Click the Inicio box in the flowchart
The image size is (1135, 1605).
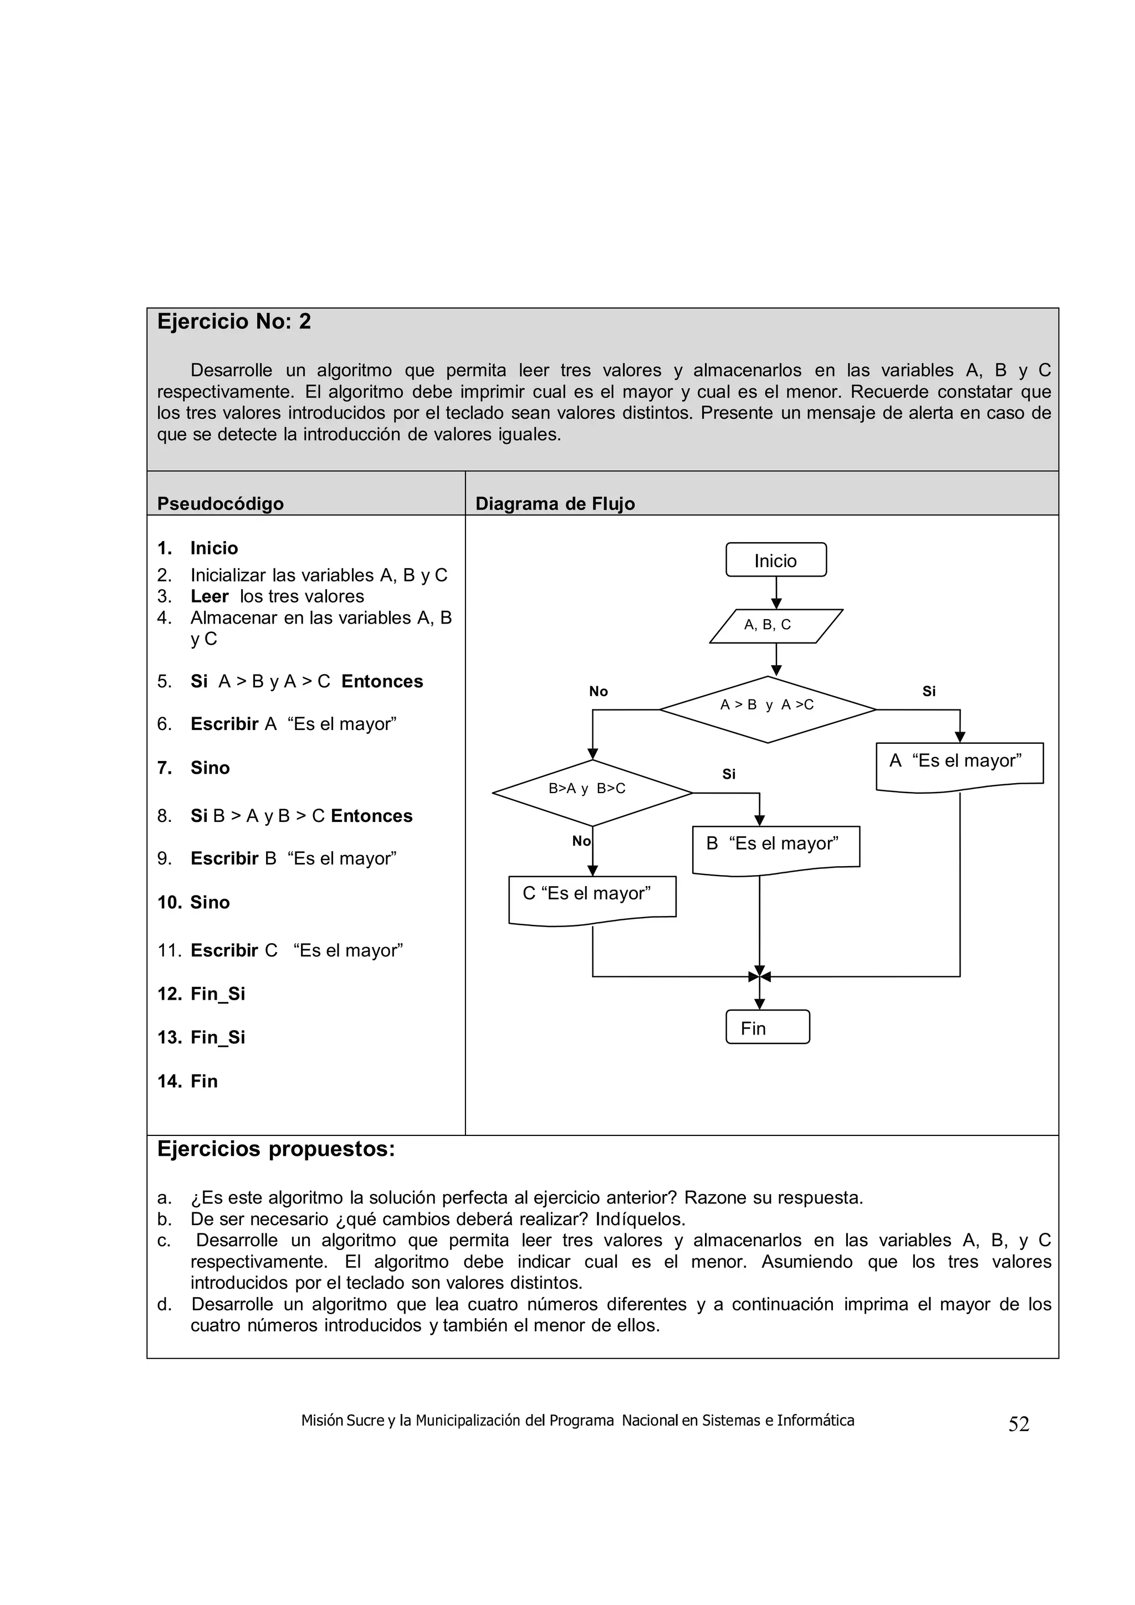tap(775, 560)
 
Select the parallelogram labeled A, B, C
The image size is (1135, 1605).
tap(775, 625)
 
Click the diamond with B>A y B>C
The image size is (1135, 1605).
tap(592, 792)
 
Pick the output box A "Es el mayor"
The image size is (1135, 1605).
tap(959, 765)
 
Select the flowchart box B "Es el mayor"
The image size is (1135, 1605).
tap(775, 848)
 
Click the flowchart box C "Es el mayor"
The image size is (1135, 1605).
tap(592, 898)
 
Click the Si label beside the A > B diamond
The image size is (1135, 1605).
tap(929, 691)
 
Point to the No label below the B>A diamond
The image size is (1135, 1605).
tap(581, 841)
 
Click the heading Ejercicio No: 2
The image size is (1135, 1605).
tap(233, 322)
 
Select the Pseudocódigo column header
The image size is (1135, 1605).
tap(220, 503)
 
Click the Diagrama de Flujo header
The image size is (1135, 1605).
tap(555, 503)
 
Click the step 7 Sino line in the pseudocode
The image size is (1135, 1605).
tap(210, 768)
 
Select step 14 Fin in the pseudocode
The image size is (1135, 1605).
tap(203, 1082)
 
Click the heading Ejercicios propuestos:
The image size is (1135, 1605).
tap(275, 1149)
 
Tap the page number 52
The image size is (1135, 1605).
tap(1018, 1424)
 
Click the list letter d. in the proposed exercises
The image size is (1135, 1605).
tap(165, 1304)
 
